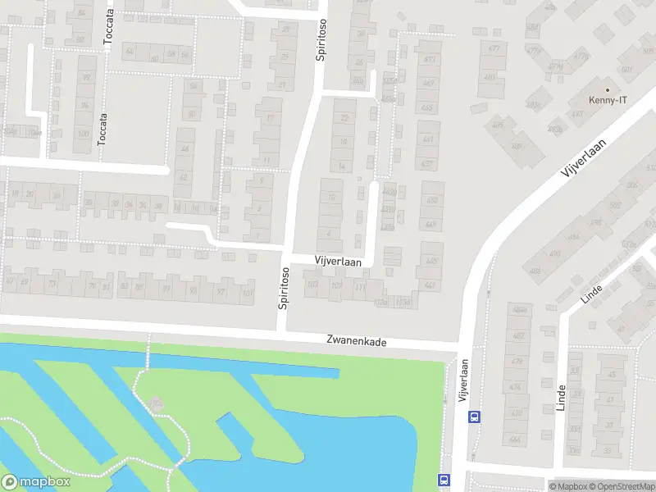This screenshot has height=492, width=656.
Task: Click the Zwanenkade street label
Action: (355, 340)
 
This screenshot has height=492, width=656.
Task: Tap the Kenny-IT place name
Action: (608, 101)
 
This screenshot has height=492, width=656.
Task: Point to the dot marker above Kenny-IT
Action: (608, 89)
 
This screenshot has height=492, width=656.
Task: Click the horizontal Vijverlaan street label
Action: (338, 259)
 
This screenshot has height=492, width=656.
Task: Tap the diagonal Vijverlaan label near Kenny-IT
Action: (583, 159)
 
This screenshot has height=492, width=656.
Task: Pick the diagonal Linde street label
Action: (591, 294)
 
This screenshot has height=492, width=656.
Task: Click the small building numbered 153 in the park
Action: (155, 403)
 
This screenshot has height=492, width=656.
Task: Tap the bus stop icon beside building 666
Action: (474, 416)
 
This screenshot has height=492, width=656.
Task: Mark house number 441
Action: (430, 285)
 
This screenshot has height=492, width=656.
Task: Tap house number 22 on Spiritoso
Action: (344, 119)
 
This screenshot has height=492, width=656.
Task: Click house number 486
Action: (535, 271)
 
